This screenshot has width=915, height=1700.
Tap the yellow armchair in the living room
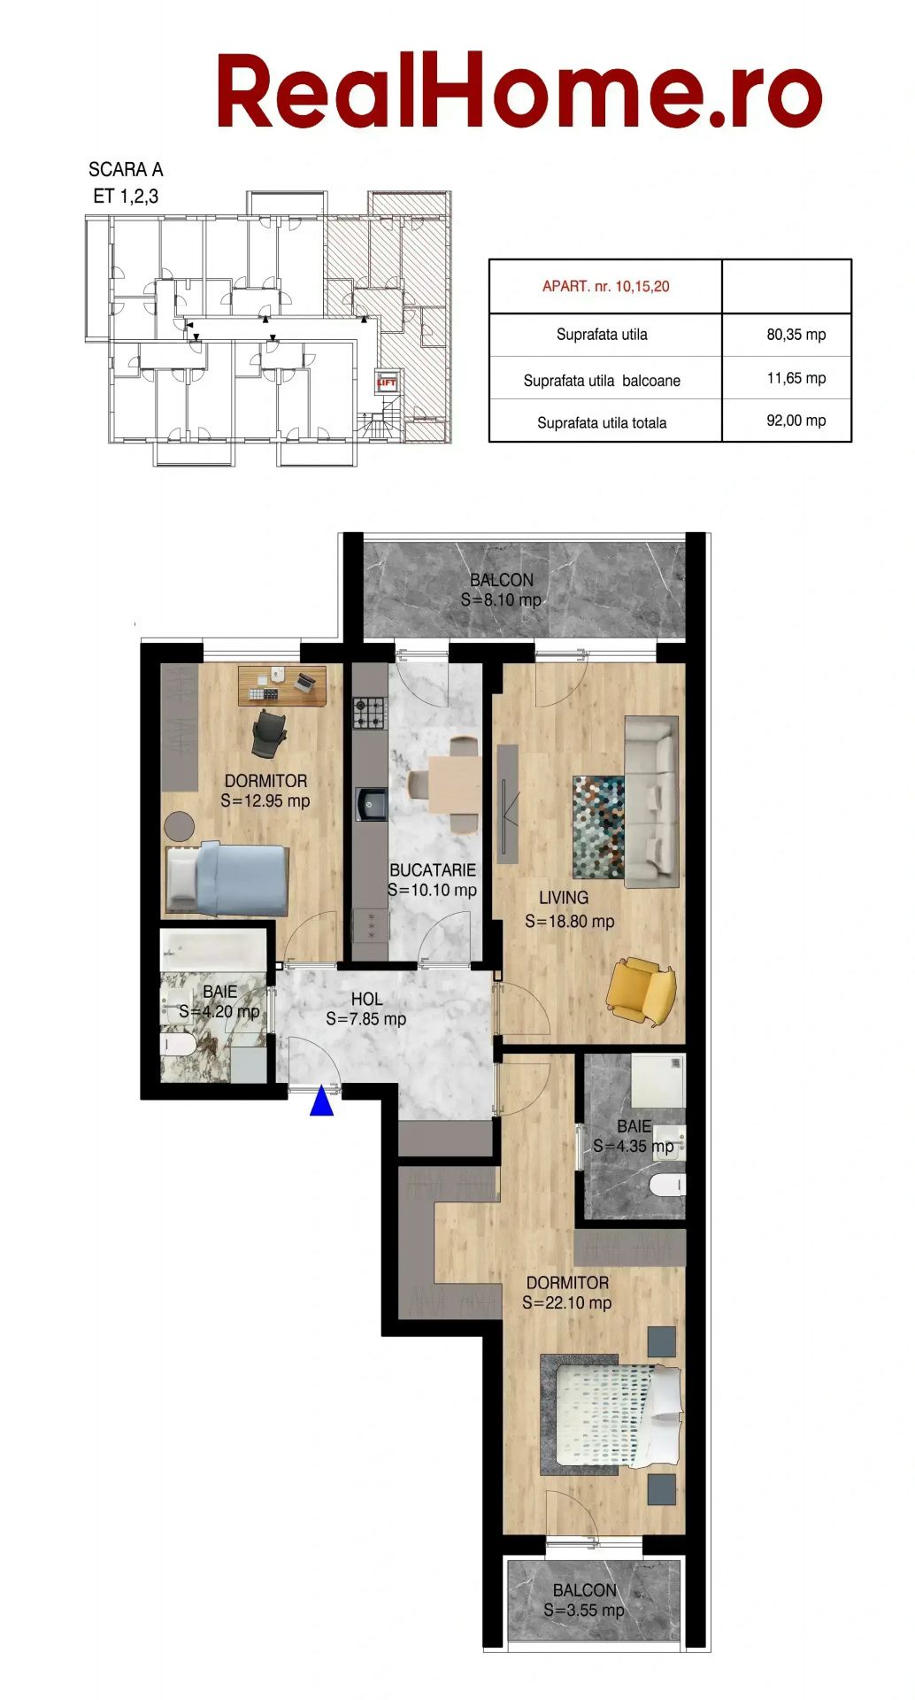pyautogui.click(x=642, y=991)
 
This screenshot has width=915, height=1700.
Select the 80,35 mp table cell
pyautogui.click(x=796, y=335)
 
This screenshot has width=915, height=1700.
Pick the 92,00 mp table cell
pyautogui.click(x=796, y=421)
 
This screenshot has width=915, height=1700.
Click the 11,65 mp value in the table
pyautogui.click(x=796, y=378)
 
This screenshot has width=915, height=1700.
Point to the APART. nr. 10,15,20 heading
pyautogui.click(x=606, y=286)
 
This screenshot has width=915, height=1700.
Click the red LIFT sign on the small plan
pyautogui.click(x=387, y=383)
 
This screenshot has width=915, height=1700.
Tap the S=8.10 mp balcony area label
pyautogui.click(x=501, y=600)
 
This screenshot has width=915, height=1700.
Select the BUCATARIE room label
pyautogui.click(x=433, y=870)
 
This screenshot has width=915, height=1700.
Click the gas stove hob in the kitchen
pyautogui.click(x=371, y=713)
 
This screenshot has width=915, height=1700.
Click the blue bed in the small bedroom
pyautogui.click(x=228, y=879)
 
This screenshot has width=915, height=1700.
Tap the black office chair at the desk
pyautogui.click(x=269, y=733)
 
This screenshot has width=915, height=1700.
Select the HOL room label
pyautogui.click(x=366, y=999)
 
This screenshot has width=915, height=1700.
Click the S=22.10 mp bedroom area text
pyautogui.click(x=566, y=1302)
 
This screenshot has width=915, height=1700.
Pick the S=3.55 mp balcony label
pyautogui.click(x=584, y=1611)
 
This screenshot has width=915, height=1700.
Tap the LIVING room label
pyautogui.click(x=564, y=898)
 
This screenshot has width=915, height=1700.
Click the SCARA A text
pyautogui.click(x=126, y=169)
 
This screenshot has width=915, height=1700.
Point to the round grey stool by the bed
pyautogui.click(x=180, y=826)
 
